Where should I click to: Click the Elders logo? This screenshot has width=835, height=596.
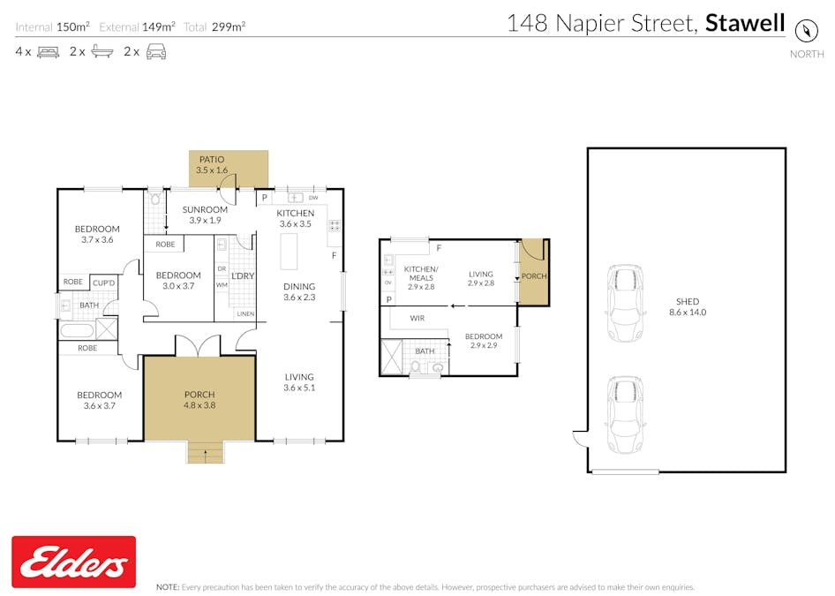[x=73, y=562]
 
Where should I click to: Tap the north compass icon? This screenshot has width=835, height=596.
[x=806, y=30]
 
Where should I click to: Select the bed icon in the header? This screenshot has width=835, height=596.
[x=48, y=52]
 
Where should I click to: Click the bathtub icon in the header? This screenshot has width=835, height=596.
[x=102, y=51]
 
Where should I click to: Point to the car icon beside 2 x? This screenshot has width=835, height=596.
[x=156, y=52]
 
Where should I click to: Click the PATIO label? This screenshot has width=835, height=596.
[x=212, y=159]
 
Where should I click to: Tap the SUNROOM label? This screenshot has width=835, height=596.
[x=205, y=209]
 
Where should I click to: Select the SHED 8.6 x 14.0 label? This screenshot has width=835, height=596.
[x=688, y=306]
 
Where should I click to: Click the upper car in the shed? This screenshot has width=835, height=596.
[x=625, y=303]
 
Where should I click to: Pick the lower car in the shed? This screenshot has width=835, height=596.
[x=625, y=415]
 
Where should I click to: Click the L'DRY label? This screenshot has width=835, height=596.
[x=243, y=275]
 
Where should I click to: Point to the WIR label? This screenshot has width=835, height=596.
[x=417, y=318]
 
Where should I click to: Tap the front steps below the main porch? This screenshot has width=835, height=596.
[x=205, y=452]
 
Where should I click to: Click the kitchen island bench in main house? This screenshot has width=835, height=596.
[x=290, y=252]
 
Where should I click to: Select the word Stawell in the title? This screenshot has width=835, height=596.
[x=745, y=23]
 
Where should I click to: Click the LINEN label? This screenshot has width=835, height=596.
[x=245, y=313]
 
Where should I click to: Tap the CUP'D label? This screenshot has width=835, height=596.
[x=103, y=283]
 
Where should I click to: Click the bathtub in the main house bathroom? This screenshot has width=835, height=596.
[x=77, y=330]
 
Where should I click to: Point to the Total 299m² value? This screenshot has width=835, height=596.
[x=229, y=26]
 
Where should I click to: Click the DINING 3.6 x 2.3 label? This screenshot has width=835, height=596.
[x=299, y=292]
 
